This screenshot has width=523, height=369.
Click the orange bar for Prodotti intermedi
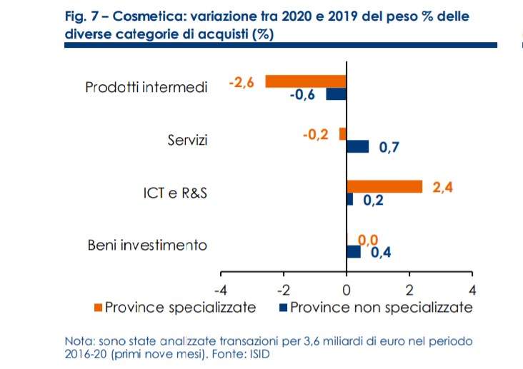tap(306, 81)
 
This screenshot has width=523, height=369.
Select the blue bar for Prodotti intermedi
tap(336, 94)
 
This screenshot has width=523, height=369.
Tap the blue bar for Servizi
tap(357, 146)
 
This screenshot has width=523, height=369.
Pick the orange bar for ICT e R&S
tap(384, 186)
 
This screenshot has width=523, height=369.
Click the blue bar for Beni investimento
tap(353, 251)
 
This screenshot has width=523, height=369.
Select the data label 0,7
tap(389, 148)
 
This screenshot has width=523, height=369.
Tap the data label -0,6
tap(302, 96)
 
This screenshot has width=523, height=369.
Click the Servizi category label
tap(187, 140)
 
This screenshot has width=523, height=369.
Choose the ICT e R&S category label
tap(174, 193)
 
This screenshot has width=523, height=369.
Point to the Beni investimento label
tap(147, 246)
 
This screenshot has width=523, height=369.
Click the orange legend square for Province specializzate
tap(98, 308)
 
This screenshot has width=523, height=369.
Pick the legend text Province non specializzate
tap(382, 308)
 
